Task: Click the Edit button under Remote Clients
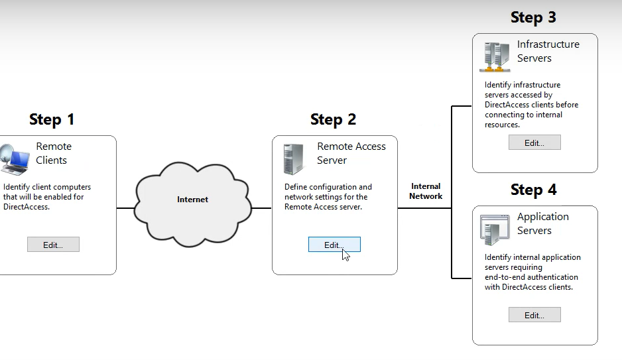53,245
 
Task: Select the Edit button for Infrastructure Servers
534,143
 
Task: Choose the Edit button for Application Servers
534,315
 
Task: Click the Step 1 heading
52,119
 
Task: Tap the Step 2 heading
333,119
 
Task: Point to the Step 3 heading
533,17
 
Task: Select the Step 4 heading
533,190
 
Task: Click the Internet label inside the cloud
192,200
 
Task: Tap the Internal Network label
426,191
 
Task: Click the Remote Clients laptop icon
15,160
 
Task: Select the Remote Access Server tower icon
293,159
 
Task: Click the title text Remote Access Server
351,153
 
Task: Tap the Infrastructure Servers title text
548,51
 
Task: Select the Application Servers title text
542,223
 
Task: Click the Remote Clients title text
53,153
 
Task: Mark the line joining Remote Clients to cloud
125,208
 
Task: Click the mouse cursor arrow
345,255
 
